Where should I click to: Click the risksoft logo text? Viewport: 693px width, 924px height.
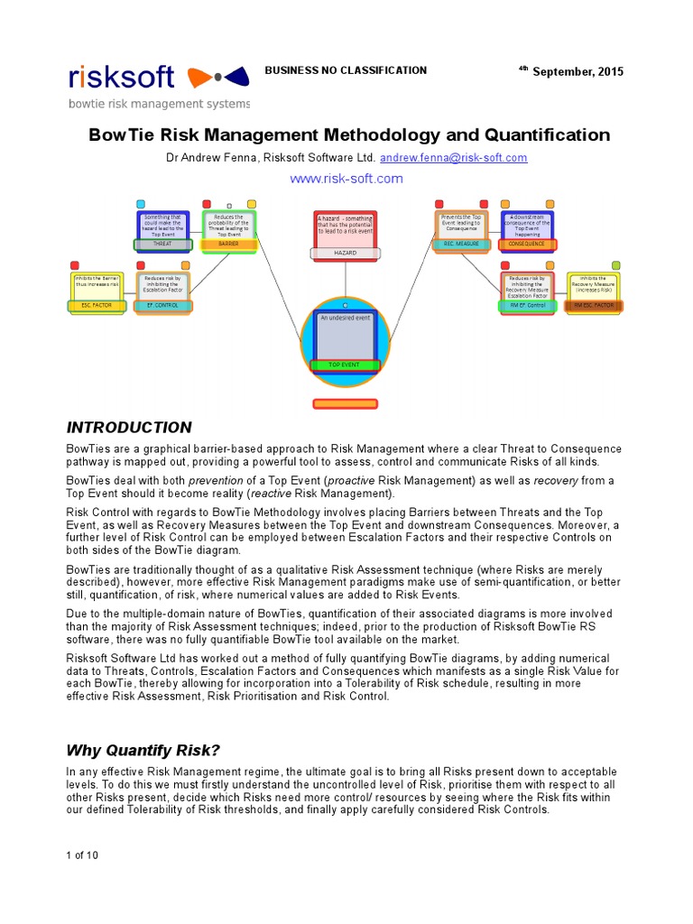pos(122,78)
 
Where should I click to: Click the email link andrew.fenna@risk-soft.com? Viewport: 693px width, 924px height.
pos(453,157)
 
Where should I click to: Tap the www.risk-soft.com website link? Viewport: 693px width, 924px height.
pos(346,179)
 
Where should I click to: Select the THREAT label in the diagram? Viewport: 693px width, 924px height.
pos(162,244)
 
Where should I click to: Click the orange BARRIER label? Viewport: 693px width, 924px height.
pos(229,244)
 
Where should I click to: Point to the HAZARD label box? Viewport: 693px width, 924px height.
pos(346,254)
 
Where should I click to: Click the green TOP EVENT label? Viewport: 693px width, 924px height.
pos(346,365)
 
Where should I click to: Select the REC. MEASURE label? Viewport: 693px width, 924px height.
pos(461,244)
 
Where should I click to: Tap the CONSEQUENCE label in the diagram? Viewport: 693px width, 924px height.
pos(528,244)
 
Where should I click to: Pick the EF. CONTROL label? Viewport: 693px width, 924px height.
pos(162,306)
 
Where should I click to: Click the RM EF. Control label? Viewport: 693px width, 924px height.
pos(528,306)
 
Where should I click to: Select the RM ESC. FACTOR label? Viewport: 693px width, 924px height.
pos(594,306)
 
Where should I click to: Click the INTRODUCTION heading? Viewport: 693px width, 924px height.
pos(129,428)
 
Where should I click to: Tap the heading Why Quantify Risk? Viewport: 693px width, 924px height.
pos(143,751)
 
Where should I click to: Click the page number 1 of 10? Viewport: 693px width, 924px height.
pos(82,855)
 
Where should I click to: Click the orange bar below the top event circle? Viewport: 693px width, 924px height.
pos(346,403)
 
